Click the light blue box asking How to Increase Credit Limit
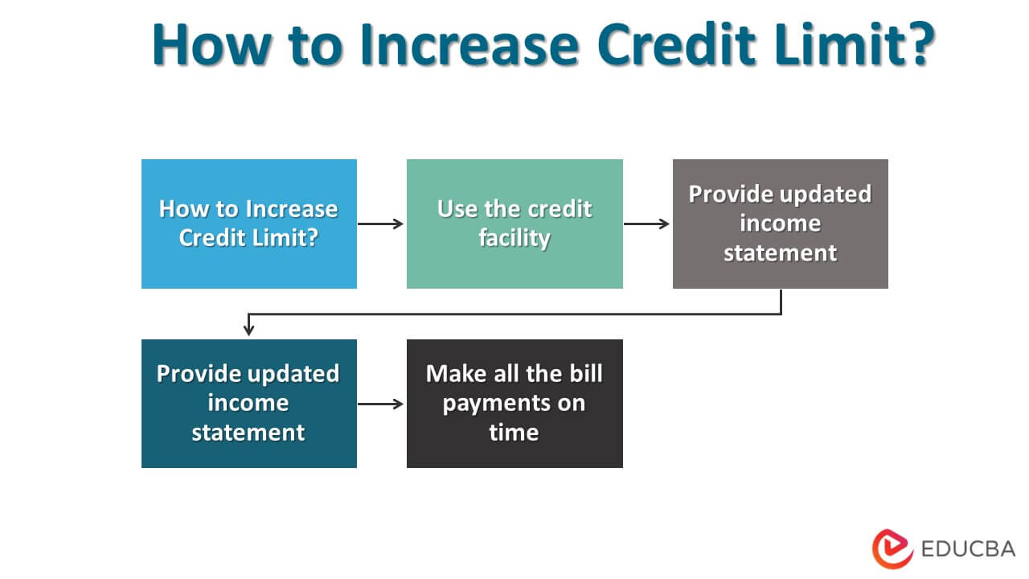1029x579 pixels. (x=248, y=224)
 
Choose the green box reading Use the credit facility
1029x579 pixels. (x=514, y=224)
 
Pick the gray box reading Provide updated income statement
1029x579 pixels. (x=780, y=224)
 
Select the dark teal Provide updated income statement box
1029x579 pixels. (x=248, y=403)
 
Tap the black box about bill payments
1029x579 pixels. (x=514, y=403)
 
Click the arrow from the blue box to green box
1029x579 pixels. (x=381, y=224)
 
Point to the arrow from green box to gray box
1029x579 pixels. (x=647, y=224)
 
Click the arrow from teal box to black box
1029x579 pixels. (x=381, y=404)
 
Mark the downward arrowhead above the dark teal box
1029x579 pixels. (x=248, y=329)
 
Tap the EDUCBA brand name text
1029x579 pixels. (x=968, y=549)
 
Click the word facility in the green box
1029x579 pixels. (x=514, y=239)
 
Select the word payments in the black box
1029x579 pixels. (x=514, y=403)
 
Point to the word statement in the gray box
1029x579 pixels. (x=780, y=253)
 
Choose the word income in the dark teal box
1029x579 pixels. (x=248, y=403)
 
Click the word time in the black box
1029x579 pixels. (x=514, y=433)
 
